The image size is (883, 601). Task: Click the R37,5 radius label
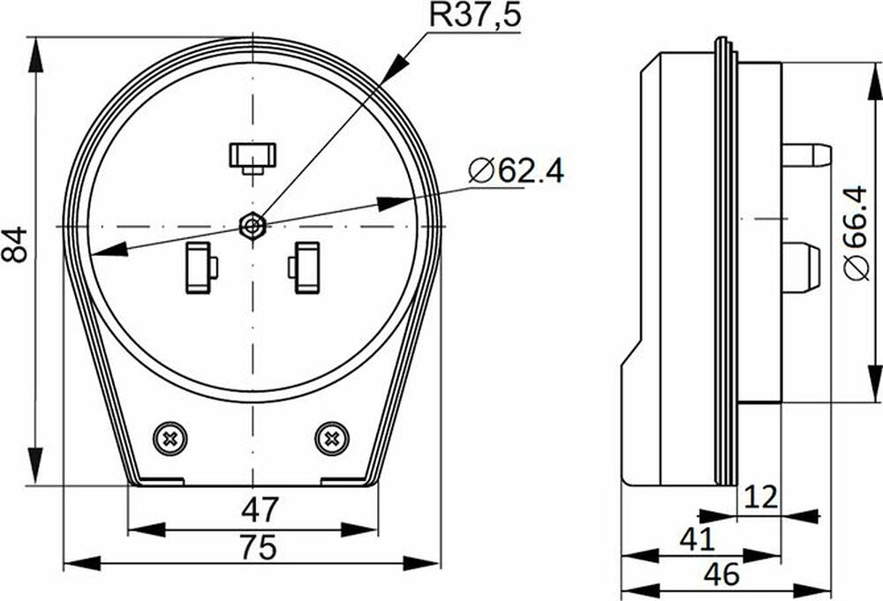pyautogui.click(x=475, y=15)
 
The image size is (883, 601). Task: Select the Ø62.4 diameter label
pyautogui.click(x=516, y=170)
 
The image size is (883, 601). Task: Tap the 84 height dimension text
pyautogui.click(x=14, y=244)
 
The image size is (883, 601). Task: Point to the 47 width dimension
pyautogui.click(x=260, y=509)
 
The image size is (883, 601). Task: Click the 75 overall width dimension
pyautogui.click(x=259, y=547)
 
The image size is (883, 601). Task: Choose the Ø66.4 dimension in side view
pyautogui.click(x=856, y=232)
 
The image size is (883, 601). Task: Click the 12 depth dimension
pyautogui.click(x=759, y=496)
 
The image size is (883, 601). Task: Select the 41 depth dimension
pyautogui.click(x=698, y=539)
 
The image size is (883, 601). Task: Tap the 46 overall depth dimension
pyautogui.click(x=722, y=575)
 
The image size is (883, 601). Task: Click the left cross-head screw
pyautogui.click(x=170, y=439)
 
